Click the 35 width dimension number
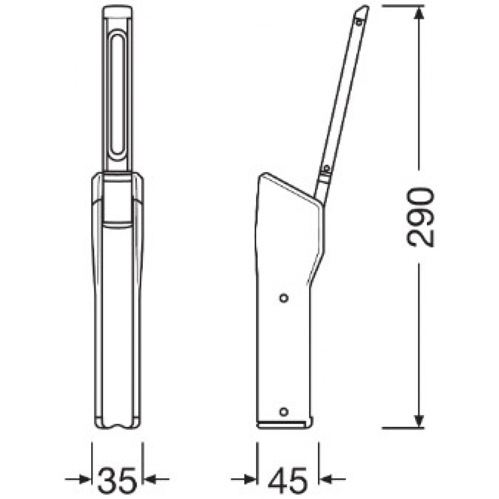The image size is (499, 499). click(117, 474)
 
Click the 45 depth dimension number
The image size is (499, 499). click(288, 474)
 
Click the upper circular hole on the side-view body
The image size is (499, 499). click(284, 298)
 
